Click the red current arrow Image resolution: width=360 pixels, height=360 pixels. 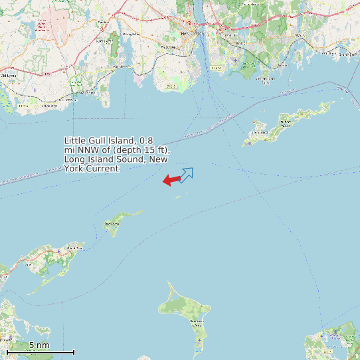(x=171, y=180)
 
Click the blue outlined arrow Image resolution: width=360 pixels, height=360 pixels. (x=187, y=175)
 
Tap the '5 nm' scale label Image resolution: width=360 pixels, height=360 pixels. (x=39, y=345)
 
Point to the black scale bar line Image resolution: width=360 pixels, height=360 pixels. (x=40, y=352)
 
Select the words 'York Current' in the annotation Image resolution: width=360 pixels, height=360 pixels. (x=91, y=169)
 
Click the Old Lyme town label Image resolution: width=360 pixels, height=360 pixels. (x=9, y=76)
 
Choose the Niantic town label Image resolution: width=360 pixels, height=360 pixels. (x=119, y=67)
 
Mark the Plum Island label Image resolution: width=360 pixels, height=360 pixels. (x=112, y=225)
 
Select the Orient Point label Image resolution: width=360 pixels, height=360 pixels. (x=73, y=248)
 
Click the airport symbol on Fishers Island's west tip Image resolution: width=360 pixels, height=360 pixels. (x=248, y=141)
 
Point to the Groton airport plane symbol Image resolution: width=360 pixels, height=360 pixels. (x=234, y=61)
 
